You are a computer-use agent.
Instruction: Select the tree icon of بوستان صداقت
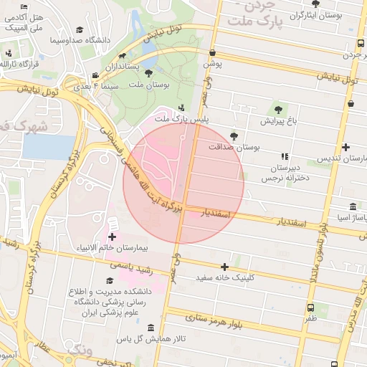(x=234, y=135)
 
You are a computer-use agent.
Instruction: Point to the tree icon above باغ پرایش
(x=278, y=110)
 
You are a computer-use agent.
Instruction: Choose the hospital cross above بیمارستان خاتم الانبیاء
(x=112, y=236)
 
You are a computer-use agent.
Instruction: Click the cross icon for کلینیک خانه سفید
(x=225, y=267)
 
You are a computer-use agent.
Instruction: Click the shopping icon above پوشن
(x=213, y=53)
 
